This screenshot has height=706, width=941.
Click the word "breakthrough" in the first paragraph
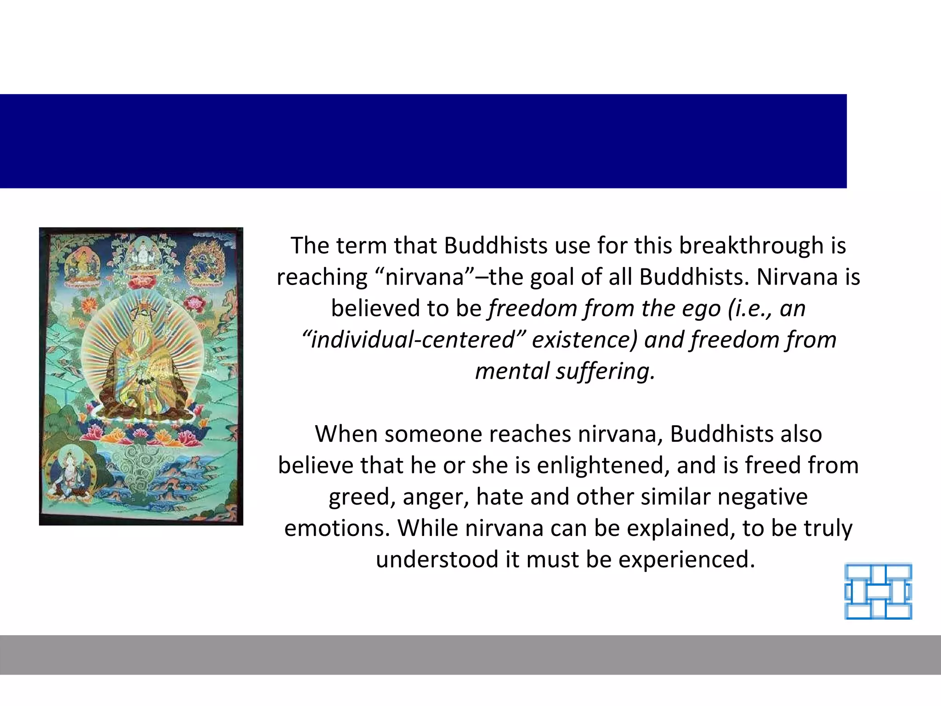(x=751, y=246)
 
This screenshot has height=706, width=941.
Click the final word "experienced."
(x=686, y=560)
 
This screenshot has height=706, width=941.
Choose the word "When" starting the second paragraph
(x=346, y=434)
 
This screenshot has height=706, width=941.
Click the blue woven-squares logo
(x=878, y=592)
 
